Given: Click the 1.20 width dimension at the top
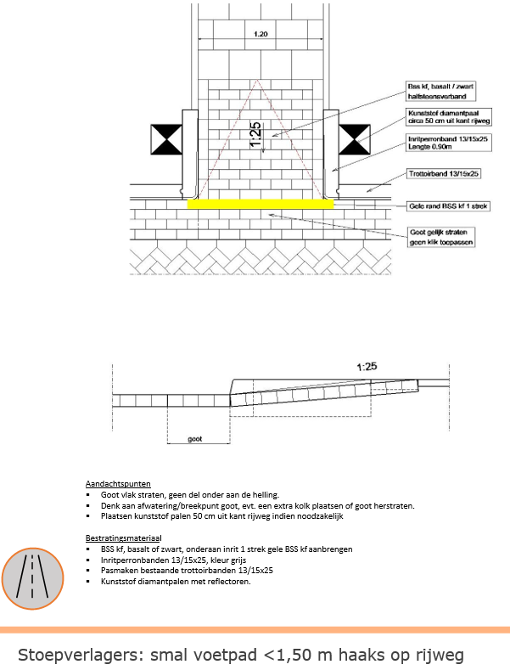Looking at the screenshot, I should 261,35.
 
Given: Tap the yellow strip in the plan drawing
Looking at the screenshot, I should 260,204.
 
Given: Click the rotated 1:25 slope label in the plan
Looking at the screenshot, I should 255,135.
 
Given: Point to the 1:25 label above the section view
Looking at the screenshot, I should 367,369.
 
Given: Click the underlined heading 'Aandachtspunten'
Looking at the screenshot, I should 115,483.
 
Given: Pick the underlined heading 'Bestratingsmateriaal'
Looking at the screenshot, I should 123,538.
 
